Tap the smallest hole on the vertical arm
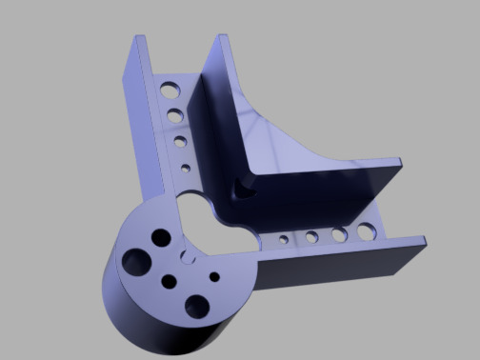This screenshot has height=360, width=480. point(185,169)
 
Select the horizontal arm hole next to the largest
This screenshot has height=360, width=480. point(338,233)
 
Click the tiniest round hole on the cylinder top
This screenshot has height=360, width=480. point(214,276)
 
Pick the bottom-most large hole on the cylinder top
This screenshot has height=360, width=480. point(197,306)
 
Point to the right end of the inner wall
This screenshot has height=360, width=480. point(401,168)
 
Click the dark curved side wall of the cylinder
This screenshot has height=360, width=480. point(143,319)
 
